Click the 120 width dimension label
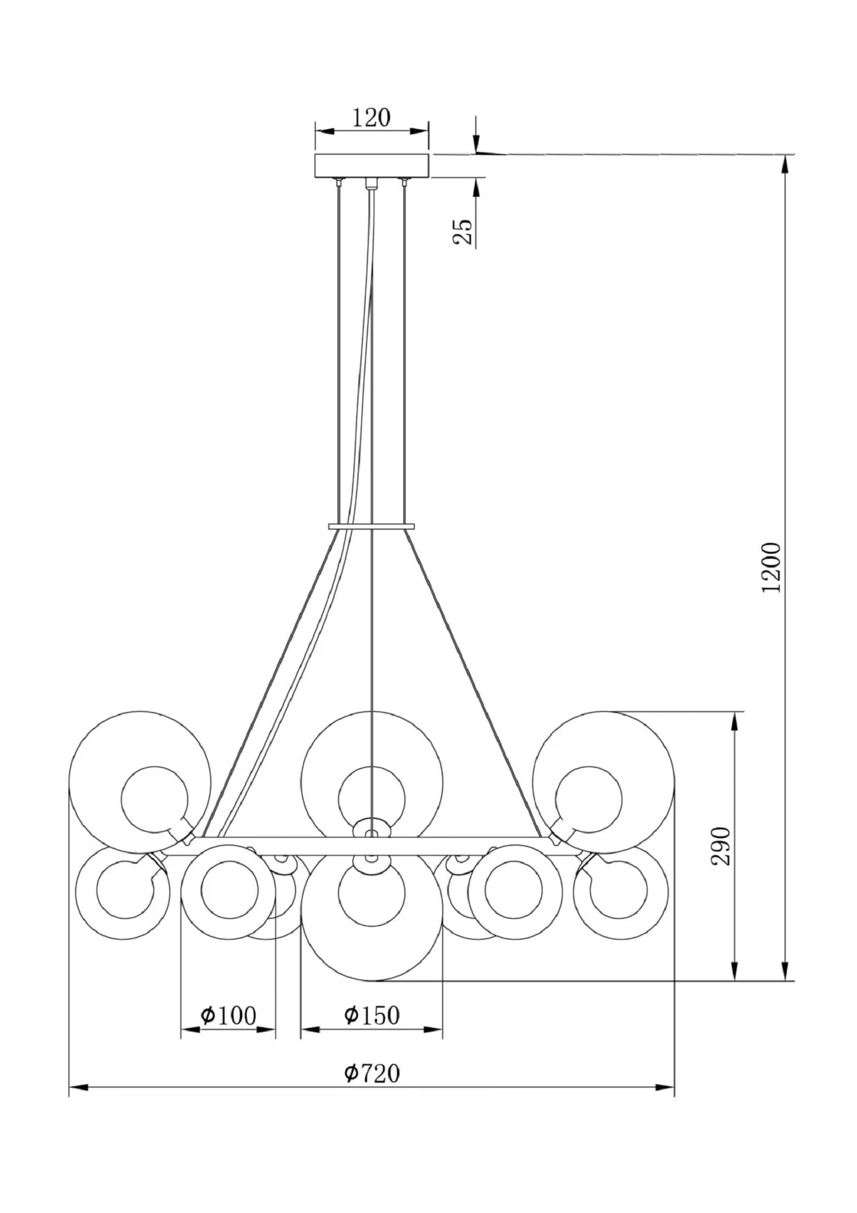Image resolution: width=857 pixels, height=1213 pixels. [x=371, y=118]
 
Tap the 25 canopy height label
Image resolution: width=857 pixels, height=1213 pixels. [x=463, y=232]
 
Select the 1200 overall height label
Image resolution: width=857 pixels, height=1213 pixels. [x=771, y=567]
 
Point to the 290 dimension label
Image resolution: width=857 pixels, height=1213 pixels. [x=720, y=846]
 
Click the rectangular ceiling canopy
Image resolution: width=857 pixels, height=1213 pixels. [x=371, y=165]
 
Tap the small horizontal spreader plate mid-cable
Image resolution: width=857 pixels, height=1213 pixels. [x=371, y=526]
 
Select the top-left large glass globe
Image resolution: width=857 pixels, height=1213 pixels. [x=140, y=782]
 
